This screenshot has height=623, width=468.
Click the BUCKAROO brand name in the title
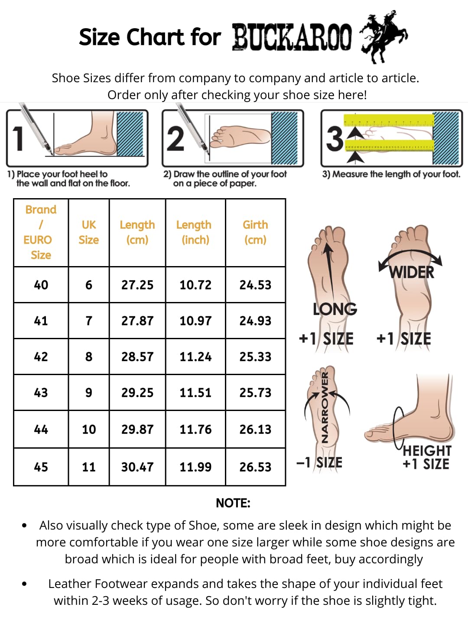click(292, 37)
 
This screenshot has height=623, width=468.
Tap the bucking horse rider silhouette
click(383, 37)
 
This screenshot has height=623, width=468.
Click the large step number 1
click(18, 138)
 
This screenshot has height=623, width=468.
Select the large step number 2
click(175, 138)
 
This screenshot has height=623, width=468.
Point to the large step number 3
click(335, 138)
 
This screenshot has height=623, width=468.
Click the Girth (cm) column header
click(256, 232)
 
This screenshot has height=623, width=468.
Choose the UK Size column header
click(89, 232)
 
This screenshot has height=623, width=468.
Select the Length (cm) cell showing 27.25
click(137, 285)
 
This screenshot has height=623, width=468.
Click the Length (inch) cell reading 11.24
click(195, 356)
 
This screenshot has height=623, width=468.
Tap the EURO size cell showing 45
click(41, 467)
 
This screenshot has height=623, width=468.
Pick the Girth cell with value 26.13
click(256, 429)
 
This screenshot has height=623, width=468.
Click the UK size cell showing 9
click(89, 392)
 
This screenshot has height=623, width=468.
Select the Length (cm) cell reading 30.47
click(137, 467)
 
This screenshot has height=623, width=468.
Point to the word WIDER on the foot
click(412, 273)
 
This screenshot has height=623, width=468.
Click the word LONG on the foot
click(335, 309)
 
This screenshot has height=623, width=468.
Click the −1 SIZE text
click(319, 462)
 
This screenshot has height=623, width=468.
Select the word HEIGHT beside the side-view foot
click(427, 451)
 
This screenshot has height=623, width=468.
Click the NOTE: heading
click(233, 503)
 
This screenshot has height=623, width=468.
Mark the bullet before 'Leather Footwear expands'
click(24, 584)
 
